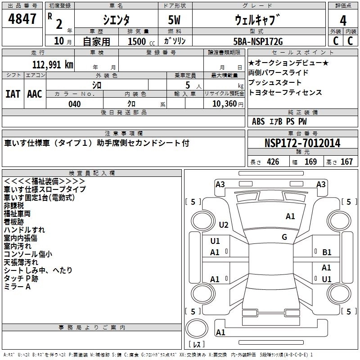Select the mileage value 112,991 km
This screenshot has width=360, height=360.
tap(53, 64)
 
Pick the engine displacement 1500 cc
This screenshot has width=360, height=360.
tap(138, 41)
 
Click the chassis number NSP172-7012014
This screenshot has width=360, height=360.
tap(302, 143)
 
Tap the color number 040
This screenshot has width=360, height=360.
tap(75, 104)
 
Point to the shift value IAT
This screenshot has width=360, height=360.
tap(13, 94)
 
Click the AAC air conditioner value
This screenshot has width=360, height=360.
tap(35, 94)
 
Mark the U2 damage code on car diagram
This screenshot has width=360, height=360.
tap(224, 225)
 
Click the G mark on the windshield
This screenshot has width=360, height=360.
tap(284, 237)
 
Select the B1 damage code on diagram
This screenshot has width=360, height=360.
tap(327, 252)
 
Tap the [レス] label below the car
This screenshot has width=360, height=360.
tap(197, 346)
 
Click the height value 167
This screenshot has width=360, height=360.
tap(346, 162)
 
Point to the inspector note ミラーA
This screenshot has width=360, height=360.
tap(17, 287)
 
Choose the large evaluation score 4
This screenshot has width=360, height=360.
tap(343, 20)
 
